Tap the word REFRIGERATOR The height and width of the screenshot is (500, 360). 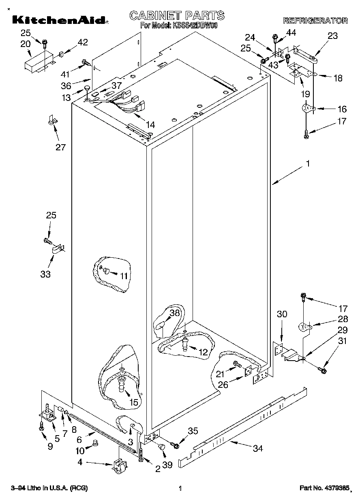(315, 21)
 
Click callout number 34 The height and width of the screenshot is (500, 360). (257, 448)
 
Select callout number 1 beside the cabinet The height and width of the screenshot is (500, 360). (308, 164)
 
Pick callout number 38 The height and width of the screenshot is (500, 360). (174, 313)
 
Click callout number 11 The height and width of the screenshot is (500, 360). (124, 276)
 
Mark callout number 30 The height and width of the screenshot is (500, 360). (282, 314)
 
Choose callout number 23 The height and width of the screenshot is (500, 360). (332, 36)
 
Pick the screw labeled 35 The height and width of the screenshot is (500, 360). (175, 445)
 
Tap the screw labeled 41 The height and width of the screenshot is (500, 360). (86, 62)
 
